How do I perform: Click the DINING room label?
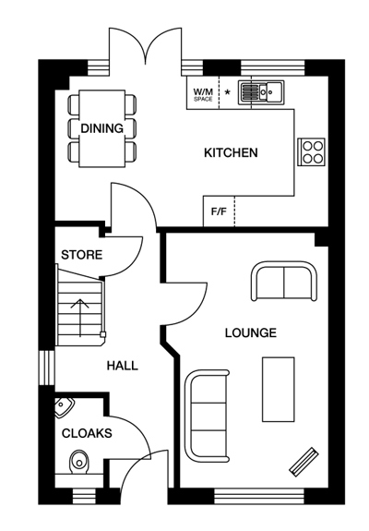coord(101,128)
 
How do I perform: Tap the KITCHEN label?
coord(231,152)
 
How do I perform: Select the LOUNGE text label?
coord(251,332)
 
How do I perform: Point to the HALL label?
coord(123,366)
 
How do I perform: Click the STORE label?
coord(81,255)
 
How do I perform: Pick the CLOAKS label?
coord(87,433)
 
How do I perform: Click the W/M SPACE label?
coord(203,94)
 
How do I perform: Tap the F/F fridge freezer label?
coord(219,212)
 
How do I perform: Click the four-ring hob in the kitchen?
coord(311,151)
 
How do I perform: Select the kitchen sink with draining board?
coord(261,91)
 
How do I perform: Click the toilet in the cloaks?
coord(79,463)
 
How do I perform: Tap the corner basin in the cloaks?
coord(64,407)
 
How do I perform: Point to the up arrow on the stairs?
coord(80,318)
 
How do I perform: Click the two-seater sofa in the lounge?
coord(284,281)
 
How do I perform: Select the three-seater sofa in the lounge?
coord(207,416)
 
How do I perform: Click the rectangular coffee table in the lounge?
coord(279,390)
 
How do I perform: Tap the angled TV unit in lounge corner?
coord(304,462)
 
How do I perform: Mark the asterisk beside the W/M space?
coord(228,91)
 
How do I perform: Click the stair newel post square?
coord(102,335)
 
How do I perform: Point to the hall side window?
coord(47,368)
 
